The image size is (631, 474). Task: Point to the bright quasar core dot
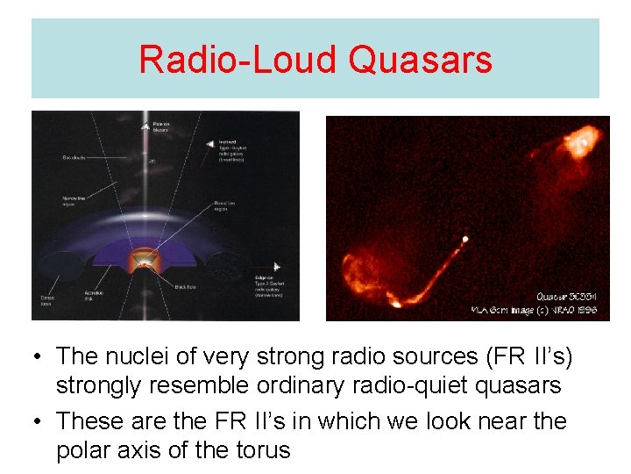click(x=464, y=238)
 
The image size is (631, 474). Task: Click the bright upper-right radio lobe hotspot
click(x=579, y=139)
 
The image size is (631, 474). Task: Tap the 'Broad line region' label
click(x=228, y=208)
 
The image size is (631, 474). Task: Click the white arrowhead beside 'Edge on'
click(x=276, y=266)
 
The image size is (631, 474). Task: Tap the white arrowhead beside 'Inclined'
click(x=209, y=143)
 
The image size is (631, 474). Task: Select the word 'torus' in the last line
click(x=259, y=450)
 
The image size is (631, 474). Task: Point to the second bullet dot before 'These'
click(x=37, y=421)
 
